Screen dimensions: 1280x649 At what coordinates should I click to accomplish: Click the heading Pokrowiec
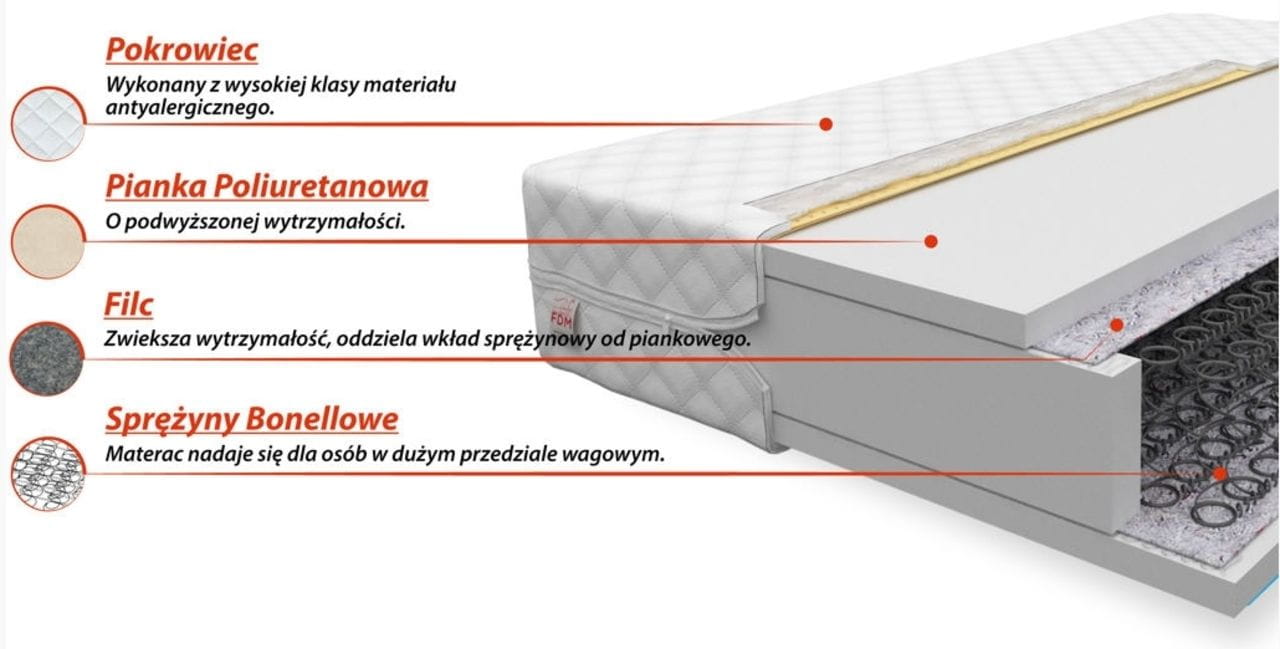182,50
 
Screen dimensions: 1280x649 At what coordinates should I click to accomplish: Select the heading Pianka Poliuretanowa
267,187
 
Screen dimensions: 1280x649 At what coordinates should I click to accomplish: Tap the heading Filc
129,305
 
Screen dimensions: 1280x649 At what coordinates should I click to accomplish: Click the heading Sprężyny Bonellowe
252,420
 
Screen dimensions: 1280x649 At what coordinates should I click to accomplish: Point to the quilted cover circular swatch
48,124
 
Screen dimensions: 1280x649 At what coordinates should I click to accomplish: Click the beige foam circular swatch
48,242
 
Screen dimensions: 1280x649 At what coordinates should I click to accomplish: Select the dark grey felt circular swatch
47,359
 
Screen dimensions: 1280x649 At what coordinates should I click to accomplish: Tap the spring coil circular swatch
48,474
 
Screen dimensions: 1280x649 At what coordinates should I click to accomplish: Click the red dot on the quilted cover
826,124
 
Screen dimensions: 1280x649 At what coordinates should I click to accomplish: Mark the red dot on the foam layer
931,241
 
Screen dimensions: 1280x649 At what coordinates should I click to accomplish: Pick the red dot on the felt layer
1117,325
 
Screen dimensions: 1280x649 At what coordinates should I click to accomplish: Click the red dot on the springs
1220,474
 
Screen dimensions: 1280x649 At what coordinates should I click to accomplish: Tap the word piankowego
690,340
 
